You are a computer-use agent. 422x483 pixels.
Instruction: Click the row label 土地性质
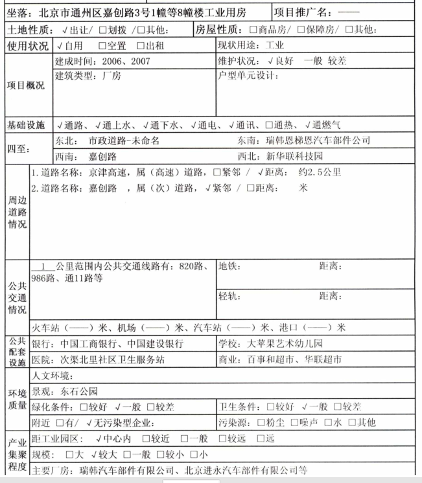tap(28, 30)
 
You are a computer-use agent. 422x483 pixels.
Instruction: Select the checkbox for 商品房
tap(253, 30)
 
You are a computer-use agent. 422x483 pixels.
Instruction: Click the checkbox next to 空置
tap(102, 47)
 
